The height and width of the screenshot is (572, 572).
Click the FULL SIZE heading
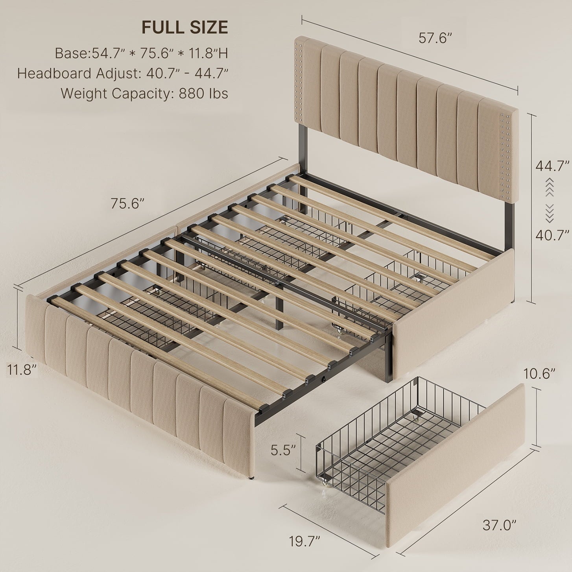[x=185, y=27]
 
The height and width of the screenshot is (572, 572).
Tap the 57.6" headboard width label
[x=435, y=38]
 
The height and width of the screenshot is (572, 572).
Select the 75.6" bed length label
[x=127, y=203]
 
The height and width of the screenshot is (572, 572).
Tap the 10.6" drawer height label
[x=539, y=374]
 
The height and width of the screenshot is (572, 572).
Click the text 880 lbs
[x=203, y=93]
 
